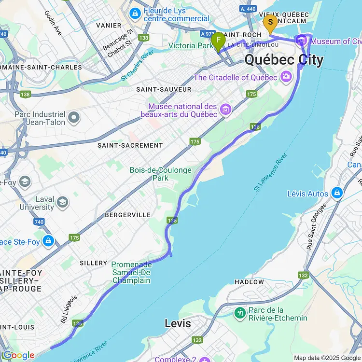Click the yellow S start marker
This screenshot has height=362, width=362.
pyautogui.click(x=270, y=22)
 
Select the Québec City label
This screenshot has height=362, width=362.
pyautogui.click(x=284, y=60)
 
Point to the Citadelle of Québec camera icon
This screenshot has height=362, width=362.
pyautogui.click(x=287, y=77)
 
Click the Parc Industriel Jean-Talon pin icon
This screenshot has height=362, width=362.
pyautogui.click(x=74, y=117)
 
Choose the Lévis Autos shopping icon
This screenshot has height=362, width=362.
pyautogui.click(x=336, y=194)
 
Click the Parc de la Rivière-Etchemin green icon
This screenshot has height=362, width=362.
pyautogui.click(x=240, y=313)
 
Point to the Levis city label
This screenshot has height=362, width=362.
pyautogui.click(x=178, y=323)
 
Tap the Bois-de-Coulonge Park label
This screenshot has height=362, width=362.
pyautogui.click(x=160, y=174)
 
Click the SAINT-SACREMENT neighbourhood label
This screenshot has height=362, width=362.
pyautogui.click(x=130, y=145)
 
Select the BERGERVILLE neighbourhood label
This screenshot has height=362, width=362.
pyautogui.click(x=128, y=215)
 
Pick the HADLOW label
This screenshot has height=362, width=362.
pyautogui.click(x=249, y=281)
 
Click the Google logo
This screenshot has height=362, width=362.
pyautogui.click(x=18, y=355)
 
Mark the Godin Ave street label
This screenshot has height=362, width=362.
pyautogui.click(x=53, y=23)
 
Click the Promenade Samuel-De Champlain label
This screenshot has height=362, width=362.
pyautogui.click(x=131, y=272)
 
